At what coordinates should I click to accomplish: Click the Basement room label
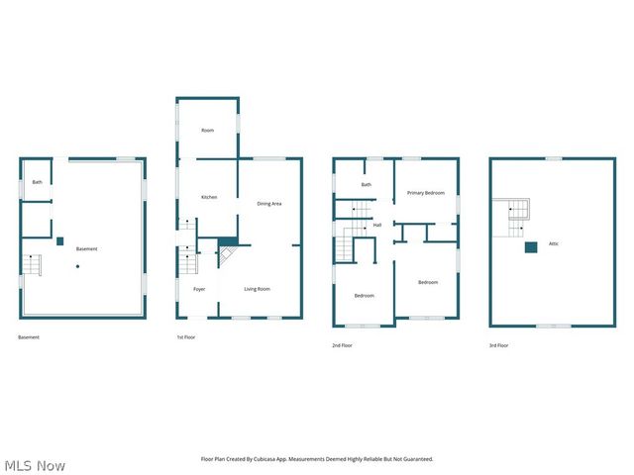coord(87,248)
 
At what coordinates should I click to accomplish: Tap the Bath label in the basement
coord(37,182)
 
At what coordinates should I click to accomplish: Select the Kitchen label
coord(209,197)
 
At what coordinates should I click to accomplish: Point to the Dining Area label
coord(269,204)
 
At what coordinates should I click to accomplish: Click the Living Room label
coord(258,289)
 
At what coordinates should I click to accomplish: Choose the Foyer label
coord(199,289)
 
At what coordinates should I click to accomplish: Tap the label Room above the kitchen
coord(208,131)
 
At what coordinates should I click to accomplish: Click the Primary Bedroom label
coord(425,193)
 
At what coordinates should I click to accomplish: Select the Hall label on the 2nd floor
coord(377,225)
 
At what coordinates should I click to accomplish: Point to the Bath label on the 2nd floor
coord(366,184)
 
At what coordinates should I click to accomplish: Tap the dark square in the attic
coord(531,246)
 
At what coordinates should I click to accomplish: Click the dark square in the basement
coord(60,239)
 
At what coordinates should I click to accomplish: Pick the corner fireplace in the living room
coord(227,253)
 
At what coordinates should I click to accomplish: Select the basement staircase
coord(35,265)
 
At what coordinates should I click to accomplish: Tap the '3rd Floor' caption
coord(498,345)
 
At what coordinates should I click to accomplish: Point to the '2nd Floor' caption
coord(342,345)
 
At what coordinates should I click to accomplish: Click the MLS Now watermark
coord(35,465)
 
